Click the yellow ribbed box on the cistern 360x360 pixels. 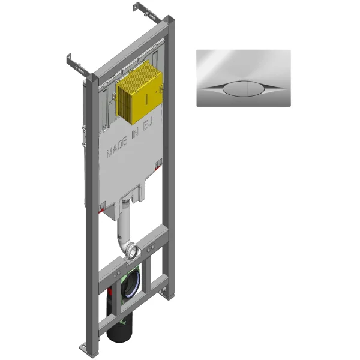click(x=139, y=92)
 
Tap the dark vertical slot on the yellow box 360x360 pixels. click(x=147, y=98)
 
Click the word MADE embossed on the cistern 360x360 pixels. click(x=117, y=147)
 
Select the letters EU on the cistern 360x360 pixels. click(x=148, y=124)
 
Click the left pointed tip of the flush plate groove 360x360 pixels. click(x=202, y=88)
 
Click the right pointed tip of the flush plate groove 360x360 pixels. click(x=286, y=88)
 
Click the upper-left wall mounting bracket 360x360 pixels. click(x=77, y=65)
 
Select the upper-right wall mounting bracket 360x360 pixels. click(x=147, y=12)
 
